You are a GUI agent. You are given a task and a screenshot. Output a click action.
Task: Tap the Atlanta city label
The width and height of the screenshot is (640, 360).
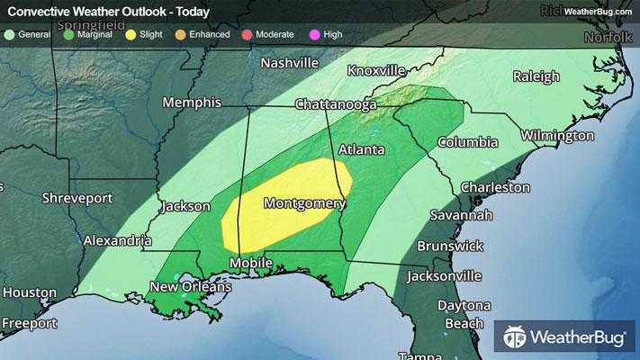pos(362,149)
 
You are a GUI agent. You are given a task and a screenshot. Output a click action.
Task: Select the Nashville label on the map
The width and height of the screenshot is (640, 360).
pos(289,64)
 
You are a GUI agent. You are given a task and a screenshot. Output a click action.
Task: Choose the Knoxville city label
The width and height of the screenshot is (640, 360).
pos(376,71)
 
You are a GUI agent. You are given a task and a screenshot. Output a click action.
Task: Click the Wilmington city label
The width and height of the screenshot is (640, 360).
pos(557,136)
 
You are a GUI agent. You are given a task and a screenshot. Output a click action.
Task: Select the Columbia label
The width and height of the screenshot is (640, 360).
pos(467,142)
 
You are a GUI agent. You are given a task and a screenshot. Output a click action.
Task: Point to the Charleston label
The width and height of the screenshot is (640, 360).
pos(495,187)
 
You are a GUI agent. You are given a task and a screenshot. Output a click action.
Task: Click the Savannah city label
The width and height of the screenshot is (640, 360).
pos(461,216)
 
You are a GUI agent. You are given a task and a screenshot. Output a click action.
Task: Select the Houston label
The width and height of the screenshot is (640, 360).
pos(29,293)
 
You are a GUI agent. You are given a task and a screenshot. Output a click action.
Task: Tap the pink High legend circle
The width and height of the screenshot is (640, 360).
pos(314,34)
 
